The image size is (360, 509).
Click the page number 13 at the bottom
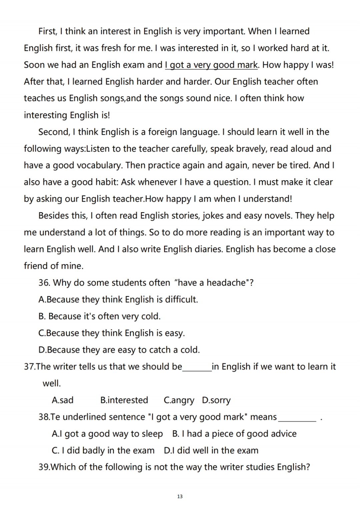pos(180,496)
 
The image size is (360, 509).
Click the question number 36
pos(44,283)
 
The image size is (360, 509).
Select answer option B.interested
pos(124,400)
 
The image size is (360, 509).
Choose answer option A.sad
pos(63,400)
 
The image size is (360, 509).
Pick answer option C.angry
pos(179,400)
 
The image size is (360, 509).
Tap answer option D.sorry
pos(216,400)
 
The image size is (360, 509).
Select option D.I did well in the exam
pos(211,450)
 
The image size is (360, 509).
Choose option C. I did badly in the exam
pos(103,450)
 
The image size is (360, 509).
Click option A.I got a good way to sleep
pos(107,434)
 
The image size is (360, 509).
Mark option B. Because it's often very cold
pos(99,316)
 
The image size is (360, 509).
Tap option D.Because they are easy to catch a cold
pos(119,350)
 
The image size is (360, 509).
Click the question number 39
pos(44,467)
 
